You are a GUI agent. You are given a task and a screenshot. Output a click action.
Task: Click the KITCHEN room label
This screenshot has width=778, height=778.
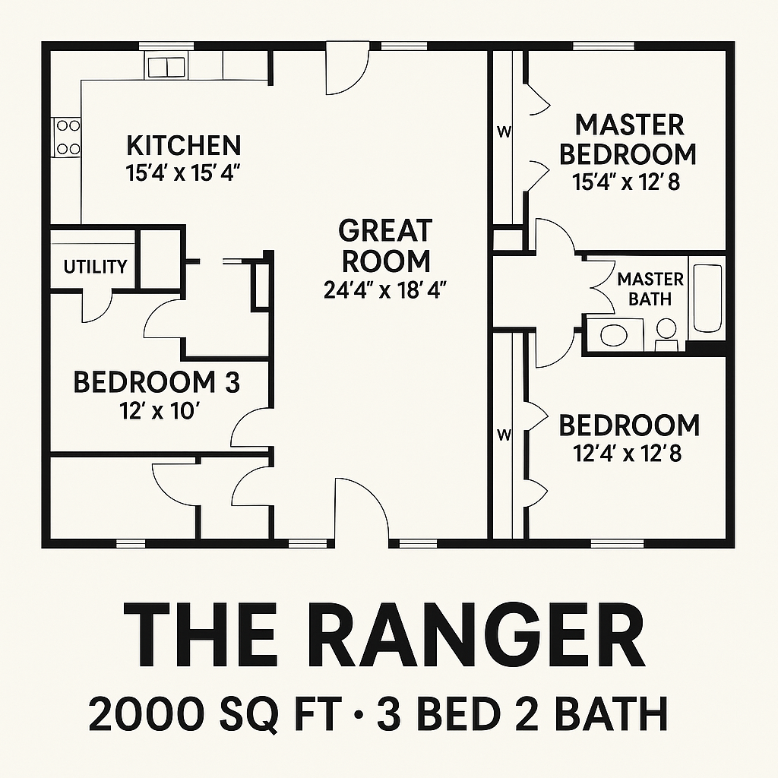[x=183, y=144]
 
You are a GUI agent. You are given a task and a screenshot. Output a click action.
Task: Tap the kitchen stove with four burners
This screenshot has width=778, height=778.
[x=66, y=137]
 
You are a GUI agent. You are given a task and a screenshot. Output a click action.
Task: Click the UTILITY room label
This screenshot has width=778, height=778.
[x=95, y=267]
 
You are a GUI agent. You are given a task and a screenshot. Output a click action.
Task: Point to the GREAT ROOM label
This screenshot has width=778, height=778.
[x=386, y=245]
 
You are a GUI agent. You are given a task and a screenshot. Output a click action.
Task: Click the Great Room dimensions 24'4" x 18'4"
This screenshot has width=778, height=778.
[x=386, y=290]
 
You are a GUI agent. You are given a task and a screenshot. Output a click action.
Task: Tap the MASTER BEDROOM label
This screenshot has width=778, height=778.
[x=628, y=139]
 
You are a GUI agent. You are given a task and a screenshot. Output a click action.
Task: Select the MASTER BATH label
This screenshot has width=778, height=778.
[x=650, y=289]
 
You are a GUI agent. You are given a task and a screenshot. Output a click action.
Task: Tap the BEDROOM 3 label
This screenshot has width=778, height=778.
[x=156, y=382]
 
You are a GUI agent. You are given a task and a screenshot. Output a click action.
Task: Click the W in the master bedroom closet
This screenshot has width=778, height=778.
[x=504, y=131]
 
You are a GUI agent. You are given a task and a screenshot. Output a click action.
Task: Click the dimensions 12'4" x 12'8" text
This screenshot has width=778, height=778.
[x=628, y=454]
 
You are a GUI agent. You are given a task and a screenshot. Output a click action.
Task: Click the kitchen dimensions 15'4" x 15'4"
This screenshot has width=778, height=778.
[x=183, y=172]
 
